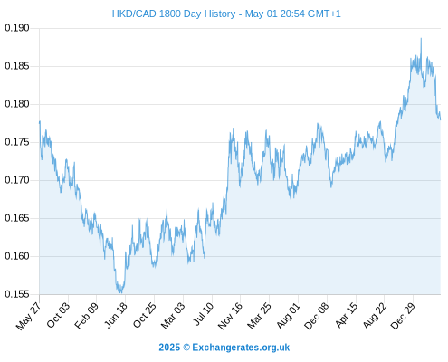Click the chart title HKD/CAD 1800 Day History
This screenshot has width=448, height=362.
tap(174, 14)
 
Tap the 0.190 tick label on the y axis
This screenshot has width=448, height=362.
tap(17, 28)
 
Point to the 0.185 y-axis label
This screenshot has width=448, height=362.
tap(17, 66)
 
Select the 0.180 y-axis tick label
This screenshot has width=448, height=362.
tap(17, 104)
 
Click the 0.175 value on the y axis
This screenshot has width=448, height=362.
tap(17, 142)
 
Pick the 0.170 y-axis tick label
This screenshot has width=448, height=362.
tap(17, 180)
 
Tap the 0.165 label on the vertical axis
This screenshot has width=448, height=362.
tap(17, 218)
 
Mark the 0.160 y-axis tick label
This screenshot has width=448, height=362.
tap(17, 256)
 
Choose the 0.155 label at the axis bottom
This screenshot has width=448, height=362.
tap(17, 294)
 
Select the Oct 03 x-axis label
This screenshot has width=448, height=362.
tap(58, 315)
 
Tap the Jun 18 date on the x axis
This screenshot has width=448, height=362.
tap(116, 315)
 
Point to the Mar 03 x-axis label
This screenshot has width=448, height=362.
tap(172, 316)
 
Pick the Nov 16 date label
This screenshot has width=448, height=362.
tap(230, 316)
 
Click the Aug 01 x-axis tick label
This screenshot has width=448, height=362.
tap(288, 316)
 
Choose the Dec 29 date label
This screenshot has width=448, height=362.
tap(402, 316)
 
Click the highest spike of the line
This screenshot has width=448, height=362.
tap(421, 39)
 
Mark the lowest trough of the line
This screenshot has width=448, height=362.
tap(120, 292)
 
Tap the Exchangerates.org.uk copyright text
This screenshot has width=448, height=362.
tap(224, 348)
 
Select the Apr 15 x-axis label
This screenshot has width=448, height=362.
tap(346, 315)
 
